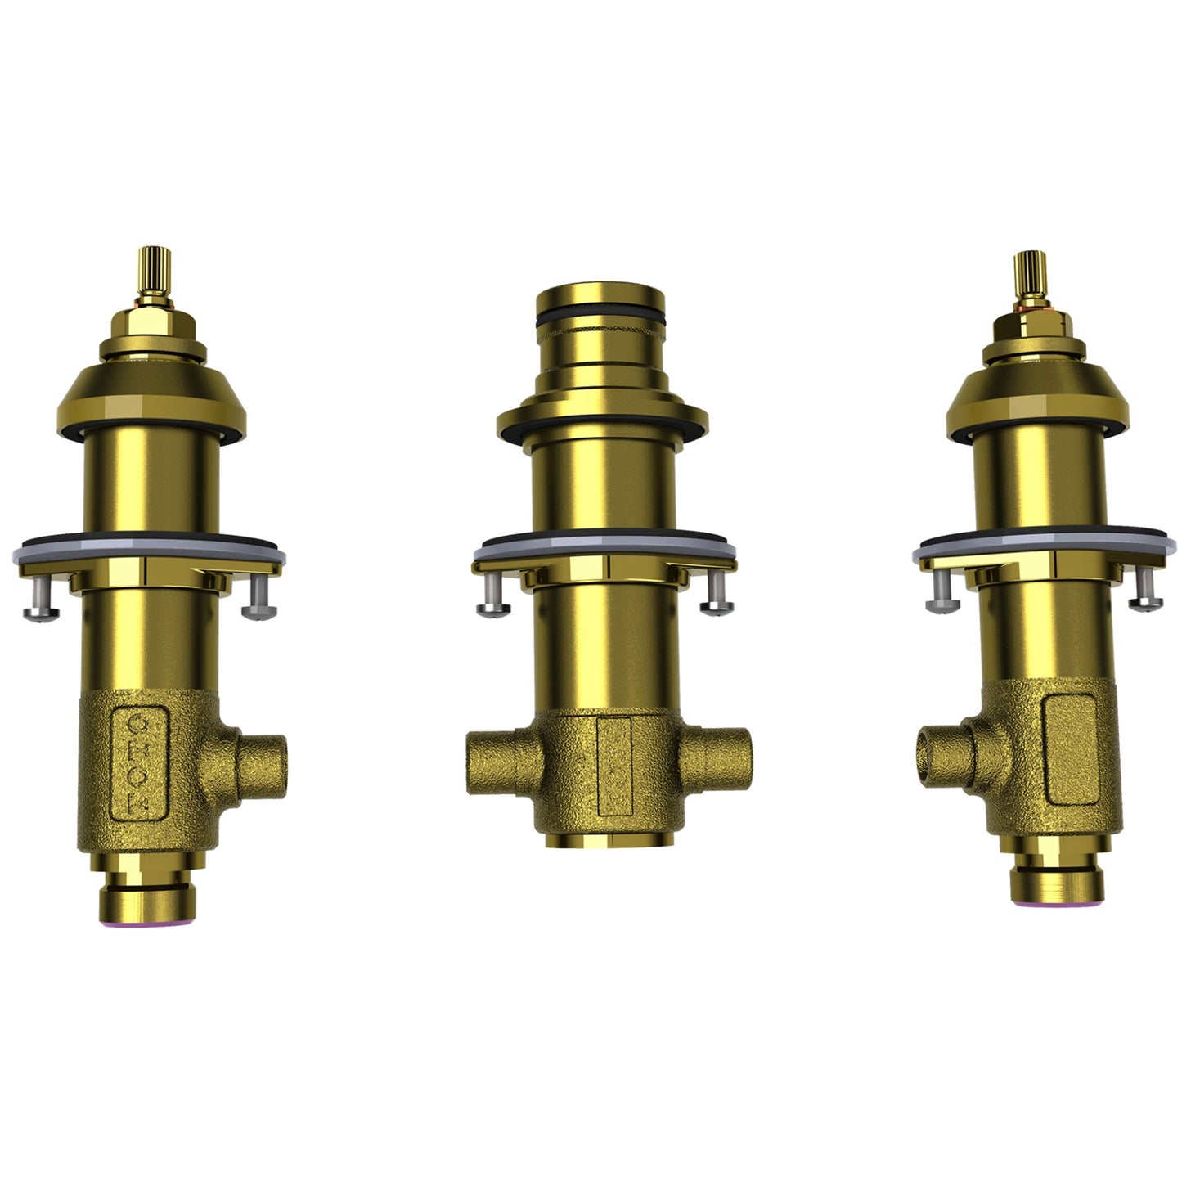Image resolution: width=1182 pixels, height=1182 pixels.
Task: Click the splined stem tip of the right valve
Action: [x=1027, y=273]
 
